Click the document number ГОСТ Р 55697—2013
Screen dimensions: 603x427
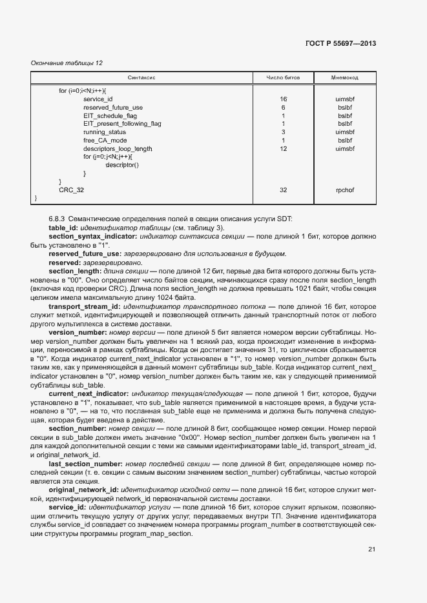pyautogui.click(x=340, y=44)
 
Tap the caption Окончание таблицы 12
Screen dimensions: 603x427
pyautogui.click(x=67, y=63)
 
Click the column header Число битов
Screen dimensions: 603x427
pyautogui.click(x=283, y=78)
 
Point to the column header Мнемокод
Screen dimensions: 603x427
pyautogui.click(x=345, y=78)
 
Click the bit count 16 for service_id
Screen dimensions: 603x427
pyautogui.click(x=283, y=99)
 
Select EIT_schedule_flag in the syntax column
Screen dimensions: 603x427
pyautogui.click(x=110, y=115)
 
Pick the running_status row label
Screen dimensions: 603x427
pyautogui.click(x=105, y=132)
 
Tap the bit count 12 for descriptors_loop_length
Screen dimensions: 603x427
pyautogui.click(x=283, y=149)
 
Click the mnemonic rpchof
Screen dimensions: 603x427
pyautogui.click(x=345, y=190)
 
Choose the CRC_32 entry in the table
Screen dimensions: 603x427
pyautogui.click(x=71, y=190)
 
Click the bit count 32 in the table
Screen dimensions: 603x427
pyautogui.click(x=283, y=190)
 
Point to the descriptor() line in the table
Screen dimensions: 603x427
pyautogui.click(x=122, y=165)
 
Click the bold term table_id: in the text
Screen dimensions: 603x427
pyautogui.click(x=64, y=228)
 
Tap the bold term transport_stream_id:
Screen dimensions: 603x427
pyautogui.click(x=83, y=289)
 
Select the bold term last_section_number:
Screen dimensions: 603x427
pyautogui.click(x=85, y=464)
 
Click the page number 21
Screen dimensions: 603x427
pyautogui.click(x=371, y=549)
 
